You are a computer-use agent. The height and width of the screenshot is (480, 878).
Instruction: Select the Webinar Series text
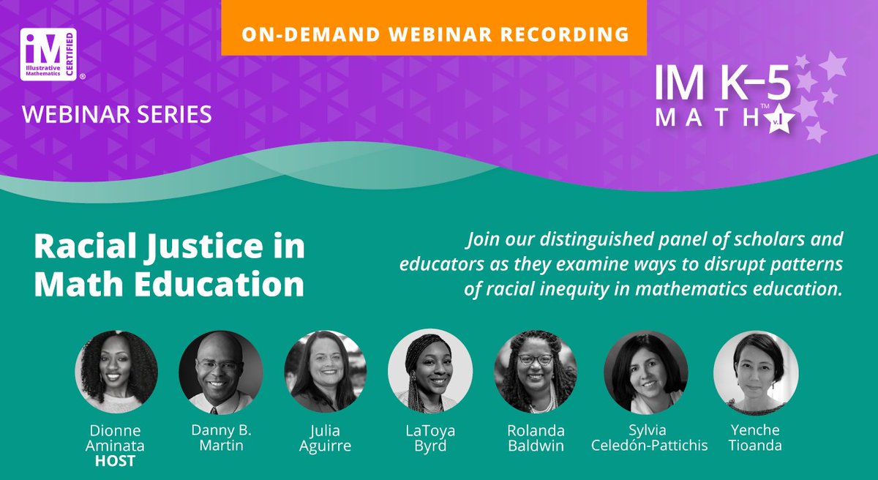click(118, 113)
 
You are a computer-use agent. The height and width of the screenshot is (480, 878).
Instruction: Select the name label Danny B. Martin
click(220, 438)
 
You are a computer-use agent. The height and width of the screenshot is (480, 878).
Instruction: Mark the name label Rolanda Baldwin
click(536, 438)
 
